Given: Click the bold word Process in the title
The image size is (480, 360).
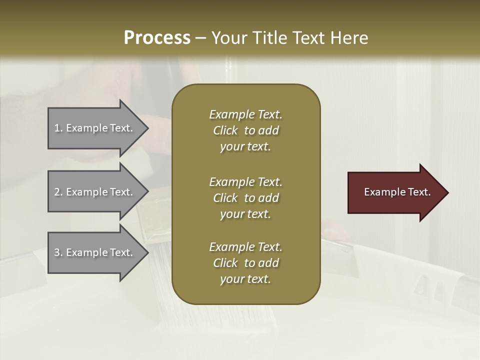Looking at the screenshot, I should point(157,38).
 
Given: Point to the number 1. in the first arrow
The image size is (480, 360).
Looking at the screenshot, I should point(58,128).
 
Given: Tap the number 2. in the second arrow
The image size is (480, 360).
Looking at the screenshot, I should point(58,192).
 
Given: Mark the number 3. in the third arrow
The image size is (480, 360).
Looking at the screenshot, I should point(58,252).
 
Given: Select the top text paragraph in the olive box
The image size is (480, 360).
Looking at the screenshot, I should point(245,130).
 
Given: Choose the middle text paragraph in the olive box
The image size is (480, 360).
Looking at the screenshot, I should point(245,198).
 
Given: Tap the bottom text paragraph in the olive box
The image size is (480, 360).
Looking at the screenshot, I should point(245,263).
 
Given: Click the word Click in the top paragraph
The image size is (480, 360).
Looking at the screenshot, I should point(225,130).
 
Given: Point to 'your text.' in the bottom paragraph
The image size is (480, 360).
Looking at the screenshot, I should point(245,279).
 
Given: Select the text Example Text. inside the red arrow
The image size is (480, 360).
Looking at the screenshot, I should point(397,192).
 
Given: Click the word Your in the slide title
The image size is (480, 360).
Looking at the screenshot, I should point(228,38).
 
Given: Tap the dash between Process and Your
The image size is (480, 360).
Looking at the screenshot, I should point(201,38).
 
